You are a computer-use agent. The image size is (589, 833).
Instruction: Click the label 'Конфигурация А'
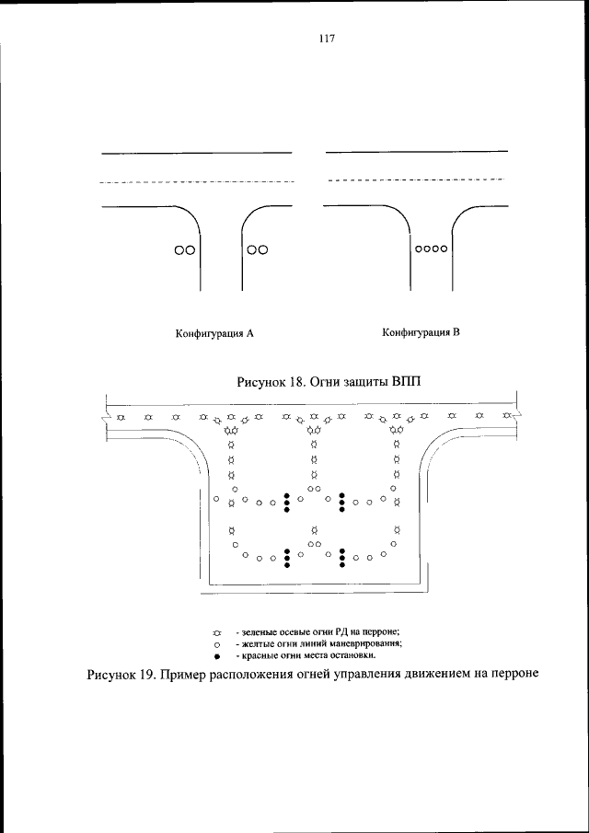click(214, 335)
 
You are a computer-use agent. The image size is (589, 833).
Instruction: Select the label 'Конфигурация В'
click(421, 333)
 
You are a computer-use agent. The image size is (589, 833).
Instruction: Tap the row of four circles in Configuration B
click(431, 249)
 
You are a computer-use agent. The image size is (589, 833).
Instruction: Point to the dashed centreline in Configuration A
click(197, 181)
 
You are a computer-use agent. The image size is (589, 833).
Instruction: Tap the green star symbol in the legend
click(217, 633)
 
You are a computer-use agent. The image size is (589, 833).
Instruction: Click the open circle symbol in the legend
click(217, 645)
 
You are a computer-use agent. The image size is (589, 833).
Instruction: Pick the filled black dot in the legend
click(217, 657)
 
